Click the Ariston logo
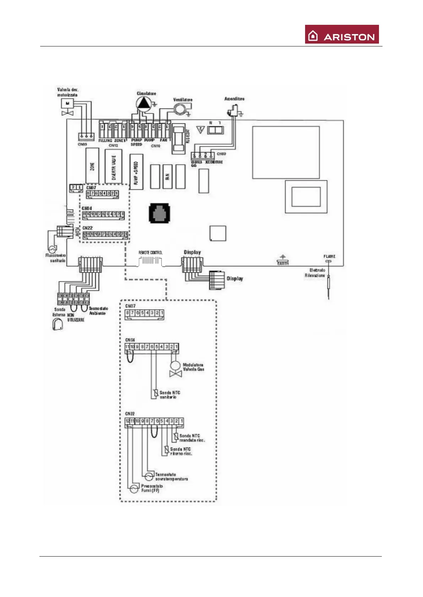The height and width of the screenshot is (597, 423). pos(342,34)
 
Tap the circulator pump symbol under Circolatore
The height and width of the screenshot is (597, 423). pos(143,103)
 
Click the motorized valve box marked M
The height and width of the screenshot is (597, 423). pos(67,103)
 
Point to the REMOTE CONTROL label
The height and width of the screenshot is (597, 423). pos(150,253)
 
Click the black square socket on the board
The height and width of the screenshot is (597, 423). pos(159,213)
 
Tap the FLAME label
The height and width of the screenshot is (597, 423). pos(329,256)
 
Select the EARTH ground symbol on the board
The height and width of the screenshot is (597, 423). pos(283,260)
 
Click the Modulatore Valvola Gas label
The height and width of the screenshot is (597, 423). pos(193,367)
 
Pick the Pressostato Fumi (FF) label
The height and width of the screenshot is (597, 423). pos(152,488)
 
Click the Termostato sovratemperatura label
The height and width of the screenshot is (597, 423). pos(171,476)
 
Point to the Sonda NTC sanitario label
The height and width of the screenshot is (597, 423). pos(170,395)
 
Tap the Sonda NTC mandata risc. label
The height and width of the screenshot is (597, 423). pos(192,438)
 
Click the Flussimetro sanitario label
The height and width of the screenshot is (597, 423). pos(55,258)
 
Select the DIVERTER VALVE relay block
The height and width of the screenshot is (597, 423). pos(113,167)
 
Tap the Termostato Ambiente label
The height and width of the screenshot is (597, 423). pos(98,311)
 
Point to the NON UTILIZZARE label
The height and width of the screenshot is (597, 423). pos(76,317)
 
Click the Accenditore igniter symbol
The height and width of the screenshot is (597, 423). pos(232,112)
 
